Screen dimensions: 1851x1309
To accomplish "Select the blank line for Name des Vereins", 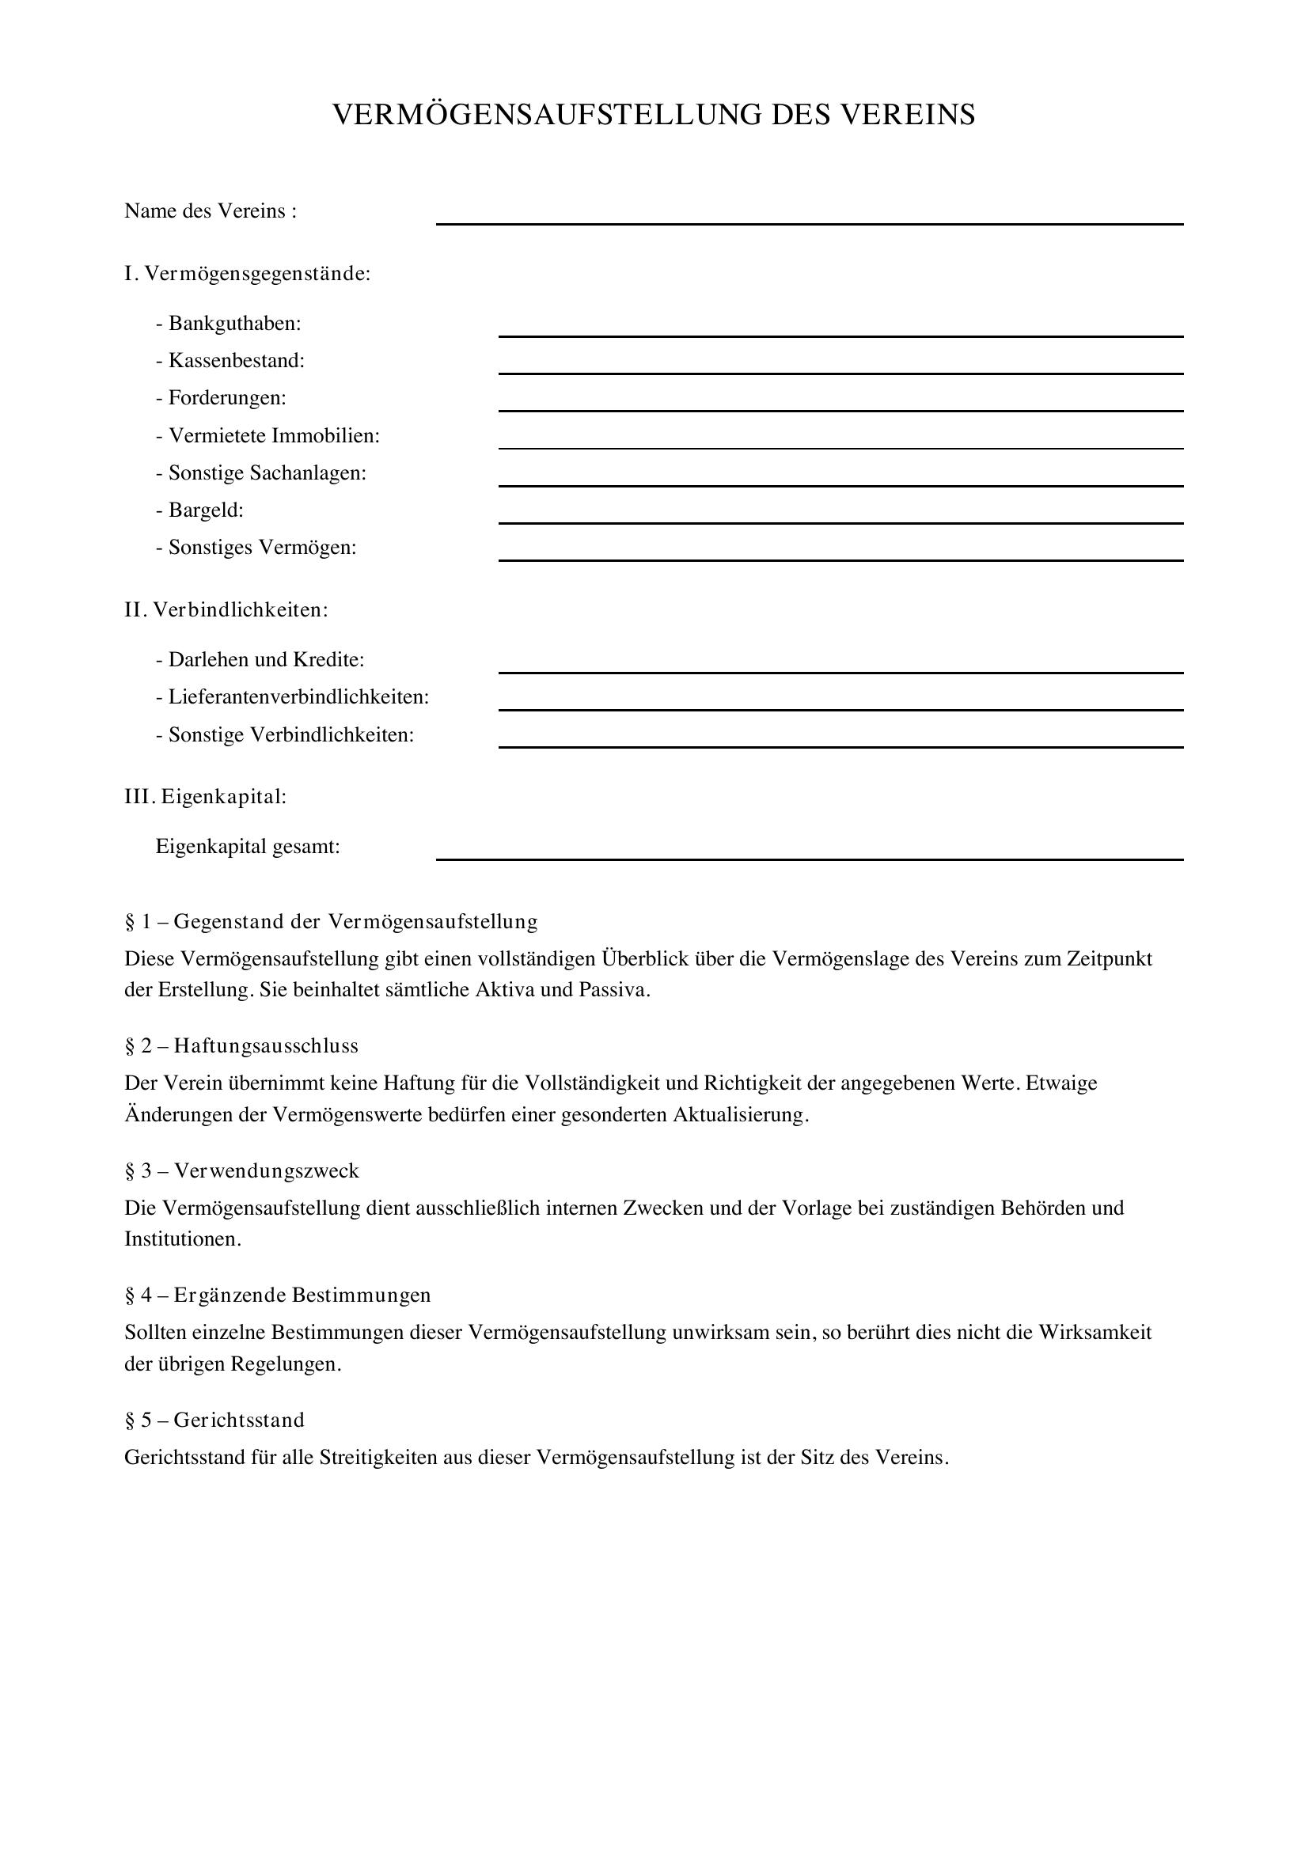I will [810, 222].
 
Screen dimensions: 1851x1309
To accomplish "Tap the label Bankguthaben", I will [233, 324].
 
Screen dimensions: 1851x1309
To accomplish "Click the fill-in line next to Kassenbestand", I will [840, 372].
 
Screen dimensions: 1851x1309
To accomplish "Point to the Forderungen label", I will [226, 397].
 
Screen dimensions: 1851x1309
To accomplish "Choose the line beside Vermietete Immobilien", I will [840, 446].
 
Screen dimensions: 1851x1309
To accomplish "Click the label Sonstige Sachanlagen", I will [267, 472].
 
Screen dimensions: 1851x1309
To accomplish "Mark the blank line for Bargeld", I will [840, 522].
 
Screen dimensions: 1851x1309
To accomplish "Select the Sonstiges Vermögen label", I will [262, 548].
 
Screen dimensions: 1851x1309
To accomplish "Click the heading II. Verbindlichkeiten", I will [226, 609].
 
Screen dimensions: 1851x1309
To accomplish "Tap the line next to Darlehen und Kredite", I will [840, 671].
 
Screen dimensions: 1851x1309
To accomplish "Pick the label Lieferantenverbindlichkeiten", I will [298, 696].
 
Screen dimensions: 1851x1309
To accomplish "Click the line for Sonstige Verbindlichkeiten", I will [840, 745].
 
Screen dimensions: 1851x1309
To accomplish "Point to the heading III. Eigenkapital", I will [206, 797].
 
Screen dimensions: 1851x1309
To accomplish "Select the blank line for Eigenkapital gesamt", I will [810, 859].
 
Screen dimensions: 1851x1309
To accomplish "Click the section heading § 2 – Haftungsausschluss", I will [242, 1045].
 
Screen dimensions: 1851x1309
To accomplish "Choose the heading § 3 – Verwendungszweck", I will [242, 1170].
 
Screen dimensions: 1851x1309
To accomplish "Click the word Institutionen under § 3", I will [182, 1238].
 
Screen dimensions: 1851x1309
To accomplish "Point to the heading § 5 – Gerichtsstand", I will [214, 1420].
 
